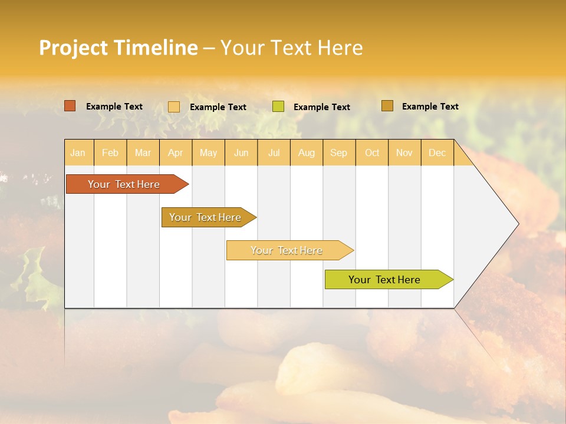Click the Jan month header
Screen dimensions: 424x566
(x=78, y=153)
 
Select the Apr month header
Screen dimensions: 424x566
(x=175, y=153)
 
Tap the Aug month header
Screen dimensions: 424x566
(x=306, y=153)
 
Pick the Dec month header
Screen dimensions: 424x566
(x=437, y=153)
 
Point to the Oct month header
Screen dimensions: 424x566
(x=372, y=153)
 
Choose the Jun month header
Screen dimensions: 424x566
(x=241, y=153)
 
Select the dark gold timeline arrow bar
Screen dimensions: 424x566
(x=206, y=217)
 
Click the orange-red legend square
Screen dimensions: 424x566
(x=70, y=106)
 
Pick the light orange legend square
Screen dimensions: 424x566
(x=174, y=107)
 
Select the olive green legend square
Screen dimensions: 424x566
(x=278, y=107)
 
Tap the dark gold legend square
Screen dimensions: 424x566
(x=387, y=106)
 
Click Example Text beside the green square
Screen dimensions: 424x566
(x=321, y=107)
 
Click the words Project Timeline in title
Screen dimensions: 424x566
(x=118, y=48)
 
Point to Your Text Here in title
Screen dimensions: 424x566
(x=291, y=48)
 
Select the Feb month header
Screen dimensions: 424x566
(x=110, y=153)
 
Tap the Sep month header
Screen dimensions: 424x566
(x=338, y=153)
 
